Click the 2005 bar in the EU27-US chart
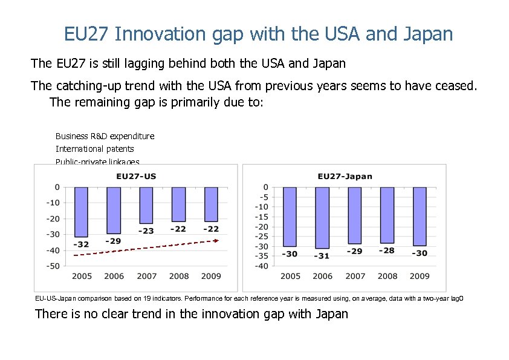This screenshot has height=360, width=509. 81,212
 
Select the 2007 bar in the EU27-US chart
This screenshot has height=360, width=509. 146,205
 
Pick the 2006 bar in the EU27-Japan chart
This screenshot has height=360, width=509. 322,217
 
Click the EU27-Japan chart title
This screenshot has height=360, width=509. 345,177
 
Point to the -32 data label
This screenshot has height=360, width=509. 82,244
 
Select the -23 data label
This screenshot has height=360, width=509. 146,231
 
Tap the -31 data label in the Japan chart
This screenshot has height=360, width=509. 323,256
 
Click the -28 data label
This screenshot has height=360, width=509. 387,250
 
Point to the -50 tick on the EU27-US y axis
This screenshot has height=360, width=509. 53,266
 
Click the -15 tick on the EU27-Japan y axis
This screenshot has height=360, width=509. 261,217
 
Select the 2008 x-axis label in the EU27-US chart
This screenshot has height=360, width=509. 179,277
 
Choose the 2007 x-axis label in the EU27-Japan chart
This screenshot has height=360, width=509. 355,277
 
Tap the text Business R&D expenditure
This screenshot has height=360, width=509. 105,136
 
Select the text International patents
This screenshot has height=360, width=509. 95,149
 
